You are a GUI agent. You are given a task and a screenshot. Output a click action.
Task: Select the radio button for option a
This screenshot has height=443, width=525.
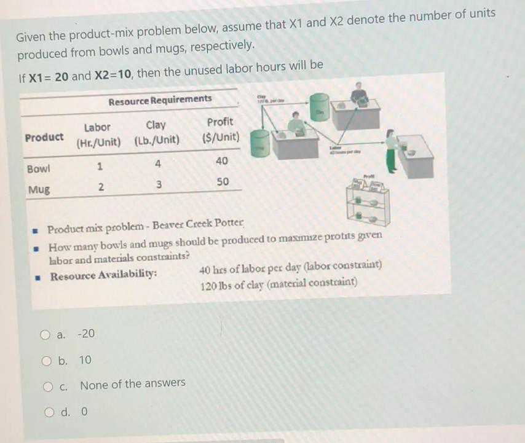[45, 335]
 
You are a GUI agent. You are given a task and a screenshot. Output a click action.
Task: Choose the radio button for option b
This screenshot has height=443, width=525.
[45, 360]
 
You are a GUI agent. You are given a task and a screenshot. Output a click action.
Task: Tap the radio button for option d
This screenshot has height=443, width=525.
[50, 412]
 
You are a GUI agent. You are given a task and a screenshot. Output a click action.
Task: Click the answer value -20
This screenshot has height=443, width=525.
[86, 334]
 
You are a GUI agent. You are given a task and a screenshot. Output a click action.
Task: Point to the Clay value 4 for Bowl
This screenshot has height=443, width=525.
[158, 164]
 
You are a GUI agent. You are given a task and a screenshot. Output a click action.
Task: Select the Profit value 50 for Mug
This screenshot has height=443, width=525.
[222, 182]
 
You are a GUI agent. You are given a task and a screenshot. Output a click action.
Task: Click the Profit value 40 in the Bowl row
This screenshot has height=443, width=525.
[222, 161]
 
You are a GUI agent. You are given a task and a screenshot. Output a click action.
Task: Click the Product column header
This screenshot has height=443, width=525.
[44, 137]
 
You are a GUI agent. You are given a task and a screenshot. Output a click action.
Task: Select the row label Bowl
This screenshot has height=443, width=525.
[38, 168]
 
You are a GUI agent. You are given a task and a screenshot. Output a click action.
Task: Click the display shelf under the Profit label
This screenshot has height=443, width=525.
[367, 201]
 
